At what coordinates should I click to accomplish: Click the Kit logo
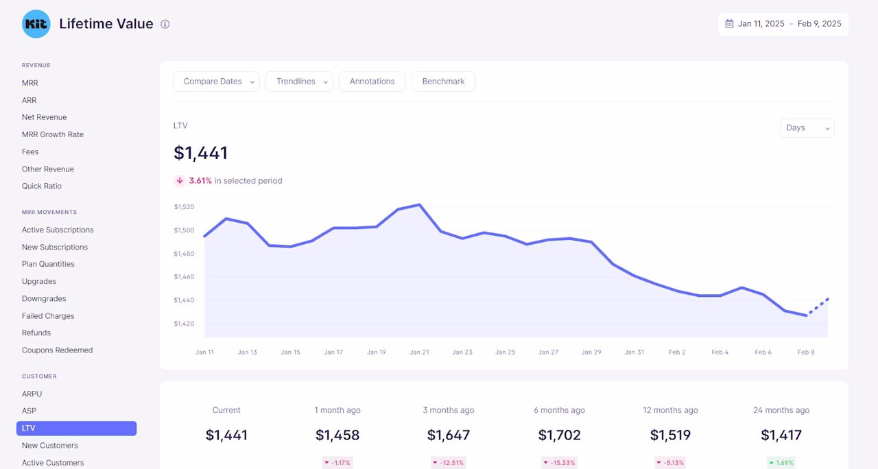(36, 24)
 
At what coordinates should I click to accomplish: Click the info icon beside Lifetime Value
(165, 24)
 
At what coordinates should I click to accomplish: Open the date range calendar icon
(729, 24)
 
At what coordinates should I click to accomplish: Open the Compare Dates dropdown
(216, 82)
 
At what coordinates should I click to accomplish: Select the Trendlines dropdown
(299, 82)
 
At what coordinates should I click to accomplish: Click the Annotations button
(372, 82)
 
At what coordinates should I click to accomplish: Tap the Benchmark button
(443, 82)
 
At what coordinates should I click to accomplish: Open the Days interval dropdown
(807, 128)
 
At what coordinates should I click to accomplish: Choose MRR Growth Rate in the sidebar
(53, 134)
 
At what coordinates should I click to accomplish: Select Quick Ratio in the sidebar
(42, 186)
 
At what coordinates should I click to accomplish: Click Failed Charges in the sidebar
(48, 316)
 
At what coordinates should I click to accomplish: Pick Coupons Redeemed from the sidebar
(57, 350)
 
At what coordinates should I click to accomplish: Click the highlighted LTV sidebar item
(76, 429)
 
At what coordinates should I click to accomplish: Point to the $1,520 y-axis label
(185, 207)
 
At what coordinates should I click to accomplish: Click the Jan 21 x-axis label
(419, 352)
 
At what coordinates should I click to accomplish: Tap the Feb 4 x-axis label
(720, 352)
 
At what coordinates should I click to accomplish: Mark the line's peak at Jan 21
(419, 204)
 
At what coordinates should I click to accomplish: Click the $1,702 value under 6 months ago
(559, 435)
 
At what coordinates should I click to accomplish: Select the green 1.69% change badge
(781, 463)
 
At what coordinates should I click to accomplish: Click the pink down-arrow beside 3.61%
(180, 180)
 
